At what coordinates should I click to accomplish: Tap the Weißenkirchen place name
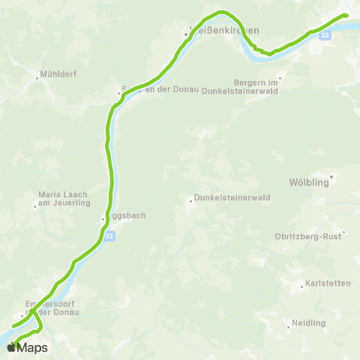pos(225,31)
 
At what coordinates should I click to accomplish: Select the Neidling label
pos(309,322)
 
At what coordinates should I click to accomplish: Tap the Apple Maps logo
pos(27,347)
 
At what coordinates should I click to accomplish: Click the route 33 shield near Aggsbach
pos(109,235)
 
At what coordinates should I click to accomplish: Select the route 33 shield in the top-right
pos(324,35)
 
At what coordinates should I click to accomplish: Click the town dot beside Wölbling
pos(331,177)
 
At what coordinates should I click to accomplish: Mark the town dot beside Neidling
pos(289,326)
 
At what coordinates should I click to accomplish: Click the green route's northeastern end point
pos(346,15)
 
